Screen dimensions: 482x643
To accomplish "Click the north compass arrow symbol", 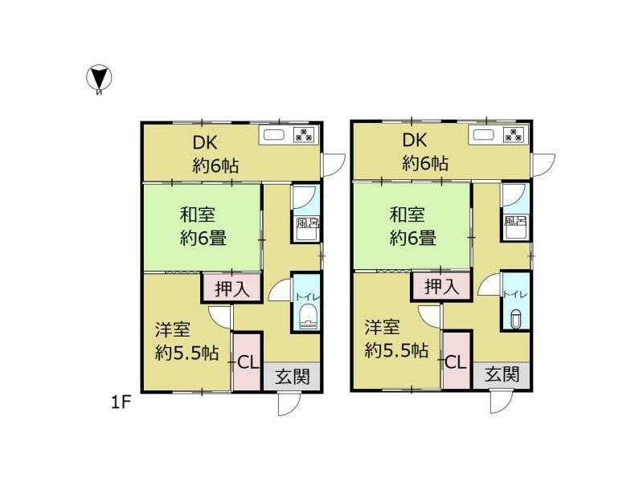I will click(99, 78).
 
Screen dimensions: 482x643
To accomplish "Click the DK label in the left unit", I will click(206, 142).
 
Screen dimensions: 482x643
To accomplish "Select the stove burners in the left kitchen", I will click(305, 135).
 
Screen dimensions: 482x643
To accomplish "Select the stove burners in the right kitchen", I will click(514, 135).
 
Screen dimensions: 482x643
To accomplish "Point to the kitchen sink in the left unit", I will click(273, 135).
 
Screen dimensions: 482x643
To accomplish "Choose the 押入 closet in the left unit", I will click(231, 287).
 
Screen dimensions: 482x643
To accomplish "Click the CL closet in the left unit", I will click(246, 362).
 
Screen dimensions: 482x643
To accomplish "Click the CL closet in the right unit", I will click(455, 362).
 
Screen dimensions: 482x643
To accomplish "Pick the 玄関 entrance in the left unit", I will click(292, 376).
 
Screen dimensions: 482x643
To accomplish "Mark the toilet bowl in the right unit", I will click(516, 320).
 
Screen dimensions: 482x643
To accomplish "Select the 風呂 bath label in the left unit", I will click(306, 225).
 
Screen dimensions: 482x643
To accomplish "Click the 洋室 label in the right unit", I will click(383, 328).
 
